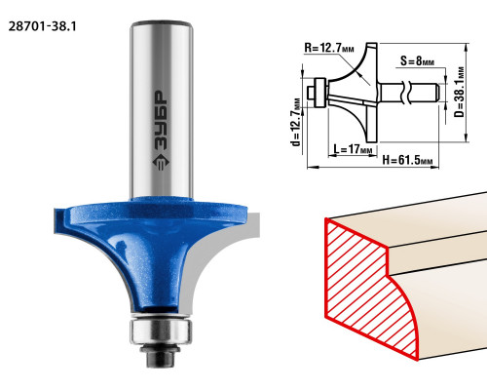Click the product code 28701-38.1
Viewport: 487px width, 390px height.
pyautogui.click(x=42, y=26)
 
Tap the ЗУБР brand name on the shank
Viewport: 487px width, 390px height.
pyautogui.click(x=161, y=120)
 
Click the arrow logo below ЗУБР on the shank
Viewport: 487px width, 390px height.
pyautogui.click(x=161, y=163)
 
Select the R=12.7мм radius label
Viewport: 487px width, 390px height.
pyautogui.click(x=329, y=48)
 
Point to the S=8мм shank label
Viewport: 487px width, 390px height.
pyautogui.click(x=417, y=60)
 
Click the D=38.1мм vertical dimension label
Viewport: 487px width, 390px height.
pyautogui.click(x=460, y=92)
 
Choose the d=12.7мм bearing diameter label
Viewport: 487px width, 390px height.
pyautogui.click(x=296, y=122)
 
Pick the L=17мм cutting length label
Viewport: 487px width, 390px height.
pyautogui.click(x=353, y=149)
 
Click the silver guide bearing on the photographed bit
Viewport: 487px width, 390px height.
pyautogui.click(x=161, y=331)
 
